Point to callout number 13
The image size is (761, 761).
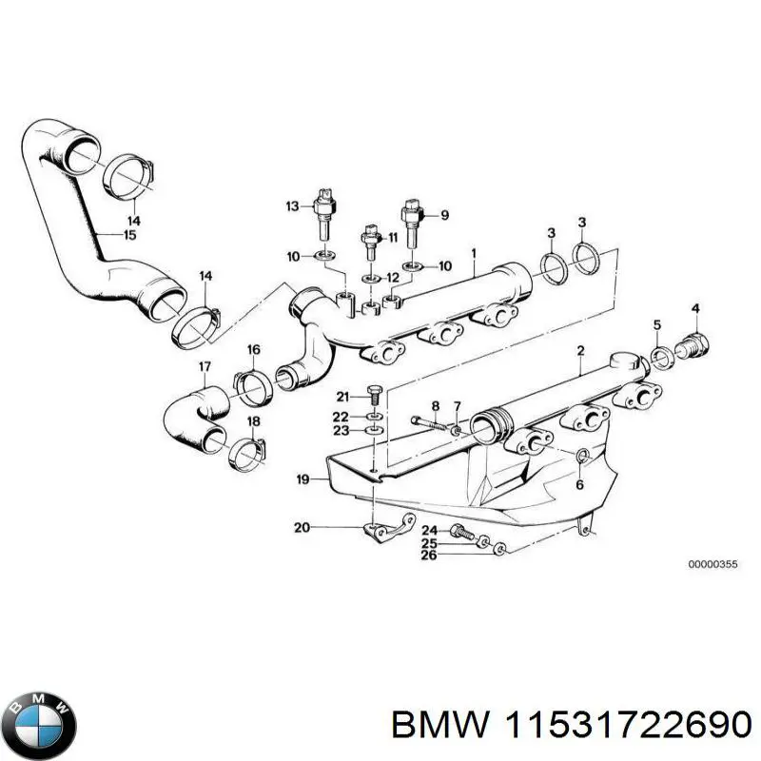(293, 205)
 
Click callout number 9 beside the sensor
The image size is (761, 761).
(442, 215)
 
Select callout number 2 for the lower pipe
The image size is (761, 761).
(579, 351)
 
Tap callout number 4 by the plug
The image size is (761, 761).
(695, 308)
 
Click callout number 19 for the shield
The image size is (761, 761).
(302, 480)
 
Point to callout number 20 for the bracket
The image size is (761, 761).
(302, 526)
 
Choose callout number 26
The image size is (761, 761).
(429, 556)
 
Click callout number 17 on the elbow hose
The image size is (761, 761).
(205, 366)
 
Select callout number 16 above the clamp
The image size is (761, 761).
(254, 351)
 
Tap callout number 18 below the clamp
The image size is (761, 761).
(253, 421)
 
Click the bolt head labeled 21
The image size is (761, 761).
(372, 395)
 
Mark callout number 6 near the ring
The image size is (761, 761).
(580, 484)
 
